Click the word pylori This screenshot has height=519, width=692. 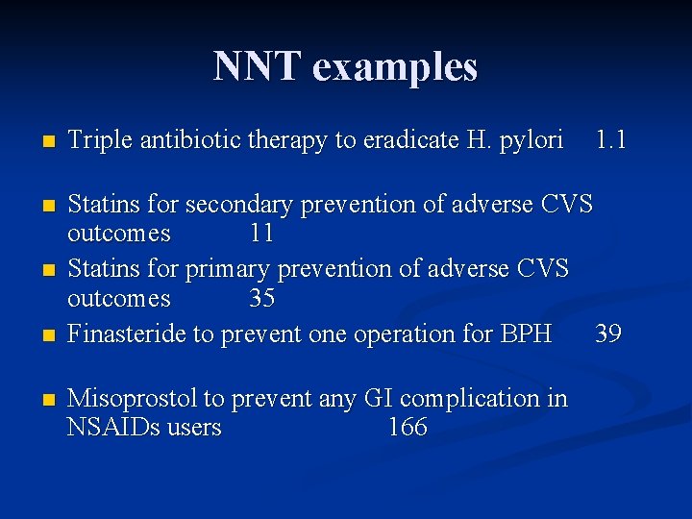(x=530, y=141)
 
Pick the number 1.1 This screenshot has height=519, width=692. (x=610, y=140)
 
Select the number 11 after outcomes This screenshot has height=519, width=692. (x=261, y=234)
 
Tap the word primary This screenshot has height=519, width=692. (x=228, y=269)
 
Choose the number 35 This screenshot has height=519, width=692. (x=261, y=299)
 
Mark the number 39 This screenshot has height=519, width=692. (x=608, y=334)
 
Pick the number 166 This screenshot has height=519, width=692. (x=408, y=428)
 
